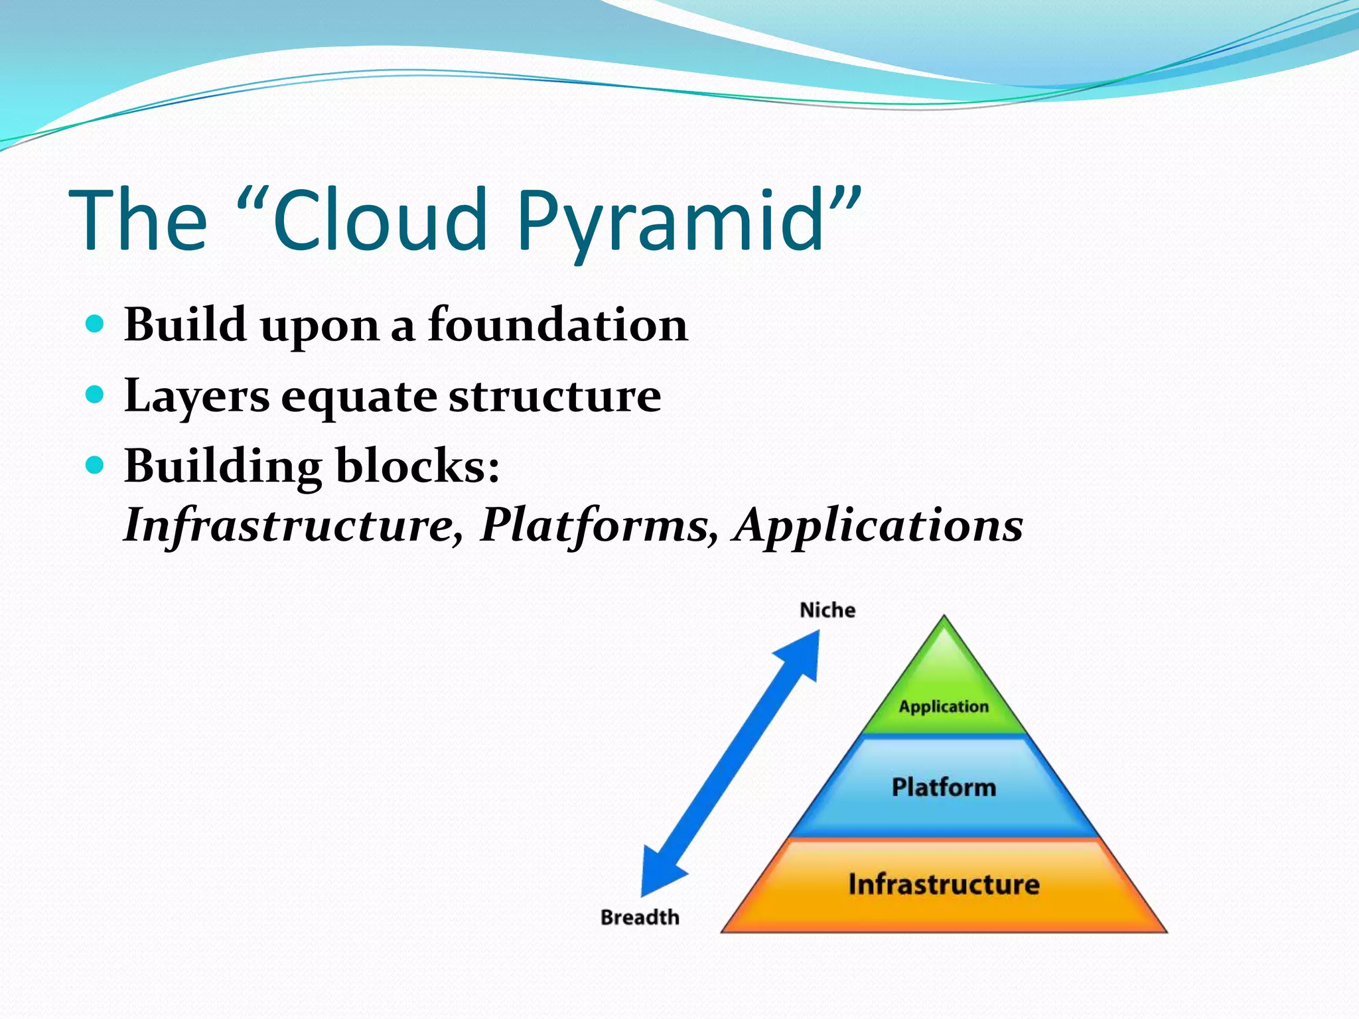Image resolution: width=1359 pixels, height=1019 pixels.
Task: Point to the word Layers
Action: (x=196, y=397)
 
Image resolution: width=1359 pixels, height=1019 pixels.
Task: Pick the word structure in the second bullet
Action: (x=555, y=397)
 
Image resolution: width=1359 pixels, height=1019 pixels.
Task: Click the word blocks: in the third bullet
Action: (x=418, y=466)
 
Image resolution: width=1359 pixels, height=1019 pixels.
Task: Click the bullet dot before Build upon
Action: (x=96, y=324)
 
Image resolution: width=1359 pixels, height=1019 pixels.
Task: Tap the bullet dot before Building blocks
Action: (x=96, y=465)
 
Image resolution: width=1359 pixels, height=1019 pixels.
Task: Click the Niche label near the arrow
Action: (x=827, y=610)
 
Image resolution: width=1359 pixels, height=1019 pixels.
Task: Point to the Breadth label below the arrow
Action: (x=640, y=917)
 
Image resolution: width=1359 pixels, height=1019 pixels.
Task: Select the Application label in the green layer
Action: (x=944, y=707)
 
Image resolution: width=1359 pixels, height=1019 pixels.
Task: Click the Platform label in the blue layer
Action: (x=944, y=787)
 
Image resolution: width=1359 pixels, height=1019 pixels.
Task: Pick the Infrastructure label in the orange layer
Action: (x=944, y=884)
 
